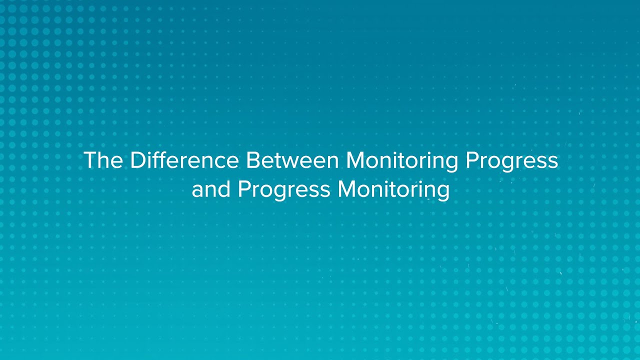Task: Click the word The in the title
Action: [x=103, y=160]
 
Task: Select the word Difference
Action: [x=184, y=160]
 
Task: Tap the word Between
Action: [x=292, y=160]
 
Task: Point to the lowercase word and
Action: [x=210, y=189]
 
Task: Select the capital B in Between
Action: [x=252, y=160]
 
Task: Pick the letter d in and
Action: [x=223, y=189]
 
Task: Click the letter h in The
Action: [x=103, y=160]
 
